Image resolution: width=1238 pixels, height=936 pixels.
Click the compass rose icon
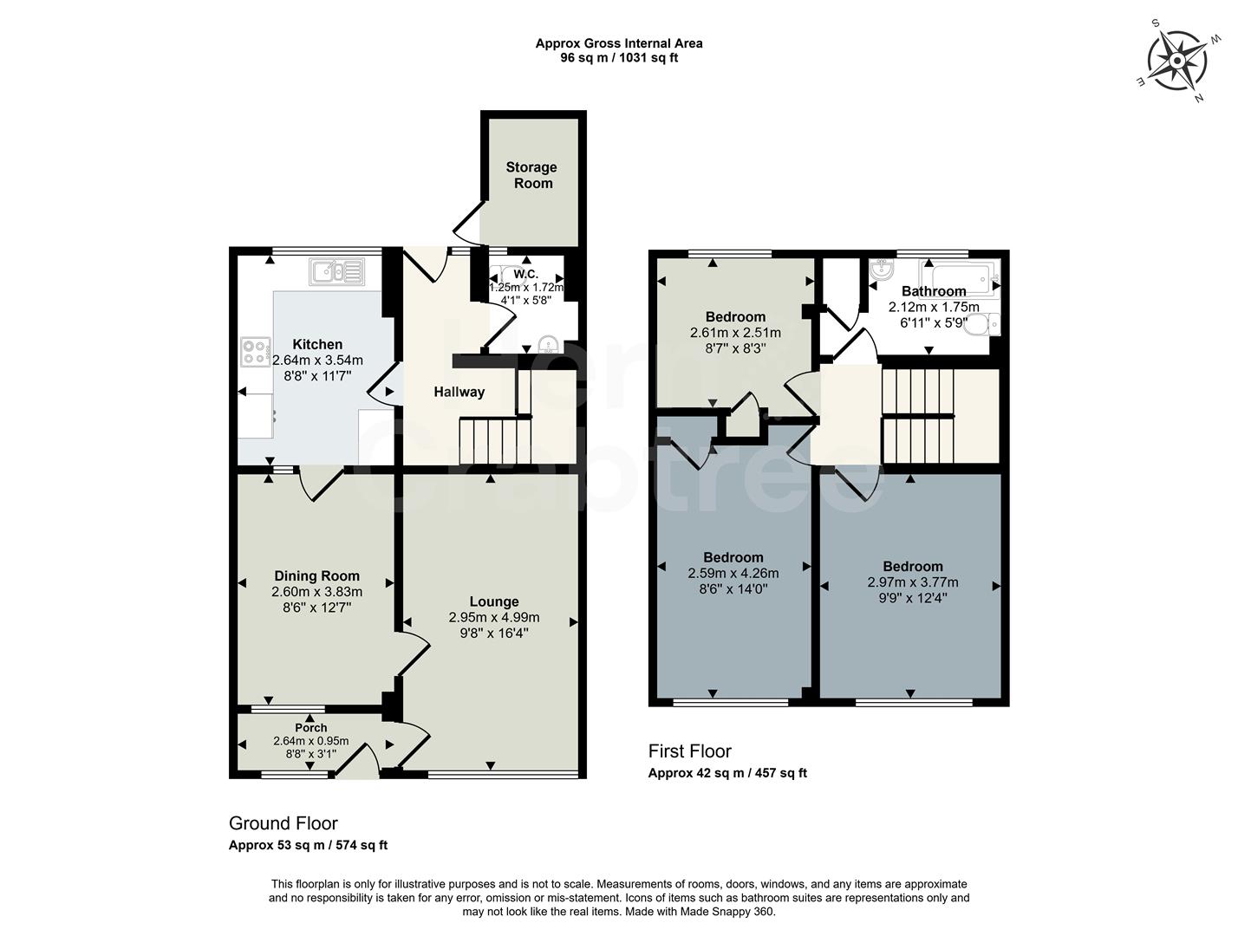pos(1177,61)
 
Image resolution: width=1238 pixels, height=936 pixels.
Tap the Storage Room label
pos(531,175)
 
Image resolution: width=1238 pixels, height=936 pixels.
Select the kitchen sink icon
pos(337,271)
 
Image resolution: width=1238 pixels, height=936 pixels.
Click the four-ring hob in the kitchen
pos(255,351)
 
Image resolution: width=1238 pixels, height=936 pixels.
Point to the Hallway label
pos(459,392)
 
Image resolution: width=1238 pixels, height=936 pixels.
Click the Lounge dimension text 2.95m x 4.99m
pos(493,617)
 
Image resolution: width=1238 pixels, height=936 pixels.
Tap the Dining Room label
pos(316,575)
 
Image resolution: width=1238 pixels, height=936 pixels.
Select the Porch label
pos(310,728)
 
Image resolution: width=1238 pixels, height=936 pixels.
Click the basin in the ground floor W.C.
pos(548,346)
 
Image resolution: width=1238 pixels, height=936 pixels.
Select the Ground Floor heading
pos(283,823)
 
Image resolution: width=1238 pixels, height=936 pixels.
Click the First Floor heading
pos(689,751)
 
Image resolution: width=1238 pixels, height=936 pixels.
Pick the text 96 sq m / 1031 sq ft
pos(618,58)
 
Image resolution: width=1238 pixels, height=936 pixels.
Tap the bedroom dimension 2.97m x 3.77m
pos(912,582)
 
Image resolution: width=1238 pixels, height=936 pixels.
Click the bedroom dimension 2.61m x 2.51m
pos(734,333)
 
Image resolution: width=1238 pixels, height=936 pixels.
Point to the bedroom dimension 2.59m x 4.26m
pos(733,573)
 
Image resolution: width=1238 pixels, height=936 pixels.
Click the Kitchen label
pos(316,344)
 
